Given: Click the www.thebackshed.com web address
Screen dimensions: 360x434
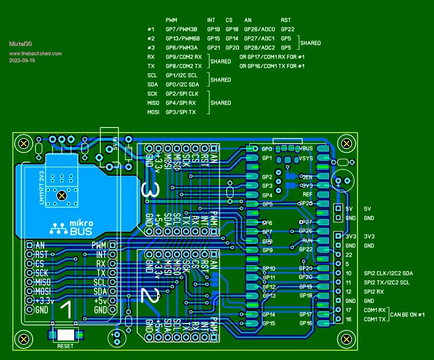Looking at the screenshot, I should tap(35, 53).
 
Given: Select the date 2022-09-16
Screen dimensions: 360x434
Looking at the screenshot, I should tap(22, 60).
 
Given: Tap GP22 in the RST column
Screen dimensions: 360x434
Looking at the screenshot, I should tap(287, 29).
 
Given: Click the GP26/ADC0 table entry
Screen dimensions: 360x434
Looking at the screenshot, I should tap(259, 29).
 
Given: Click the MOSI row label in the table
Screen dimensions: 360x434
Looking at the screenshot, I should tap(153, 112).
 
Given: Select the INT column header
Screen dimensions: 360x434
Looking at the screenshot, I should tap(211, 20).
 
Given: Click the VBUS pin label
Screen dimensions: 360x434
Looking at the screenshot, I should tap(306, 149).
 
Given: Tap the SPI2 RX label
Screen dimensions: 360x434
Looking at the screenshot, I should tap(374, 292).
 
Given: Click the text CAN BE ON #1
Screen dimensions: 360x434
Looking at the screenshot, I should tap(407, 315).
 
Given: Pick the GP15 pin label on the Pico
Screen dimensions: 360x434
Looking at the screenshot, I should tap(269, 324).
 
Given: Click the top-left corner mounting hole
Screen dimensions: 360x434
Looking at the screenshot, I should tap(22, 144).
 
